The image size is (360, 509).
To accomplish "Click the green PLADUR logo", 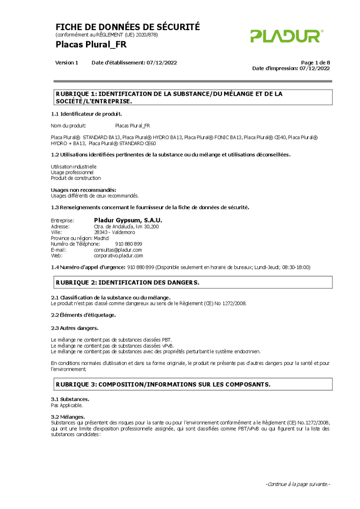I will point(286,36).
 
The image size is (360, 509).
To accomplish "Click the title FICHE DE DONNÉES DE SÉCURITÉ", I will point(127,27).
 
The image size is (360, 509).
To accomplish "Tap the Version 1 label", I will point(67,63).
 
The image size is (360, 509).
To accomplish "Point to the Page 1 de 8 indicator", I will point(315,63).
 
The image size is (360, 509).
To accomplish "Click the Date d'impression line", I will point(291,68).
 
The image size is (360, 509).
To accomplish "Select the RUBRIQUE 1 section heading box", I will point(192,97).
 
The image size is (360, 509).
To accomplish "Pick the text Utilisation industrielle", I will point(74,166).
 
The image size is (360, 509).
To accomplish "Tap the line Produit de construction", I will point(76,178).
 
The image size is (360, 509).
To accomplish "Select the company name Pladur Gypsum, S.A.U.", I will point(128,220).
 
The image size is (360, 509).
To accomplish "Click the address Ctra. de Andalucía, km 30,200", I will point(126,226).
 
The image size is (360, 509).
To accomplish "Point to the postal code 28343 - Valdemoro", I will point(115,232).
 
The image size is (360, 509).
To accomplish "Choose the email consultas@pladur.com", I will point(118,250).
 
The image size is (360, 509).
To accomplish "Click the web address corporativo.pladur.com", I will point(118,256).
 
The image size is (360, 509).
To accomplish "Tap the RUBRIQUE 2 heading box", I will point(192,282).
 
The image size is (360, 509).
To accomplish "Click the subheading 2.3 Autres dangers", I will point(74,328).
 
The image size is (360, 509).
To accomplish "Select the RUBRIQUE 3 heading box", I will point(192,384).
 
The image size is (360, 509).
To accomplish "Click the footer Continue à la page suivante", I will point(298,484).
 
